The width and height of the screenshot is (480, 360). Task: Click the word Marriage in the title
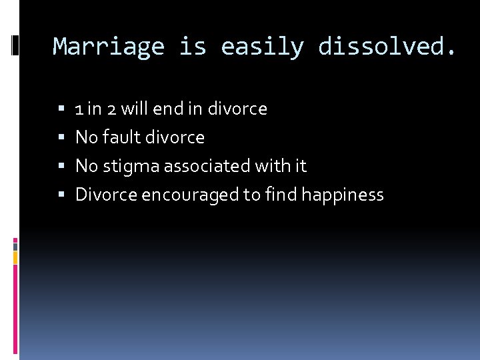[x=109, y=47]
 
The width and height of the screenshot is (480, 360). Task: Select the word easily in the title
[x=263, y=47]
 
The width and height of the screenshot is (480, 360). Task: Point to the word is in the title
[x=193, y=47]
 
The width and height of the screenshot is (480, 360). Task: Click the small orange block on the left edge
[x=15, y=256]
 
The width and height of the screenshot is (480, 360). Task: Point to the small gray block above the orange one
[x=15, y=245]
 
